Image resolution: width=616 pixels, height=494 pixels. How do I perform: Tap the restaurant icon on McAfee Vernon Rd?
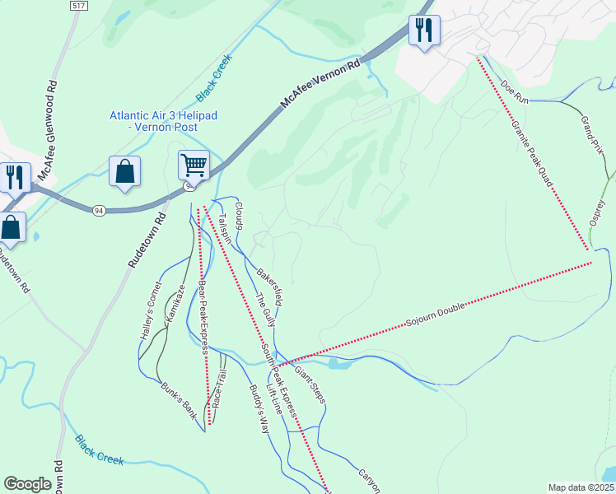(424, 31)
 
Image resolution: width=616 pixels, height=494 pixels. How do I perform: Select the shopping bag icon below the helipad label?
(124, 172)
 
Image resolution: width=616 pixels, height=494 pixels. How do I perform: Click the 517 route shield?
(79, 6)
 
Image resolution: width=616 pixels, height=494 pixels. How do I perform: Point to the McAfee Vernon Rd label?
(321, 85)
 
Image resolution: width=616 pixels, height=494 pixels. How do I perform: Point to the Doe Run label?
(514, 91)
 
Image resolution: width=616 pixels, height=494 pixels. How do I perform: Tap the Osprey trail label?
(598, 216)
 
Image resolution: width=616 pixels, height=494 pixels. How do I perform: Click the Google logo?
(28, 484)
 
